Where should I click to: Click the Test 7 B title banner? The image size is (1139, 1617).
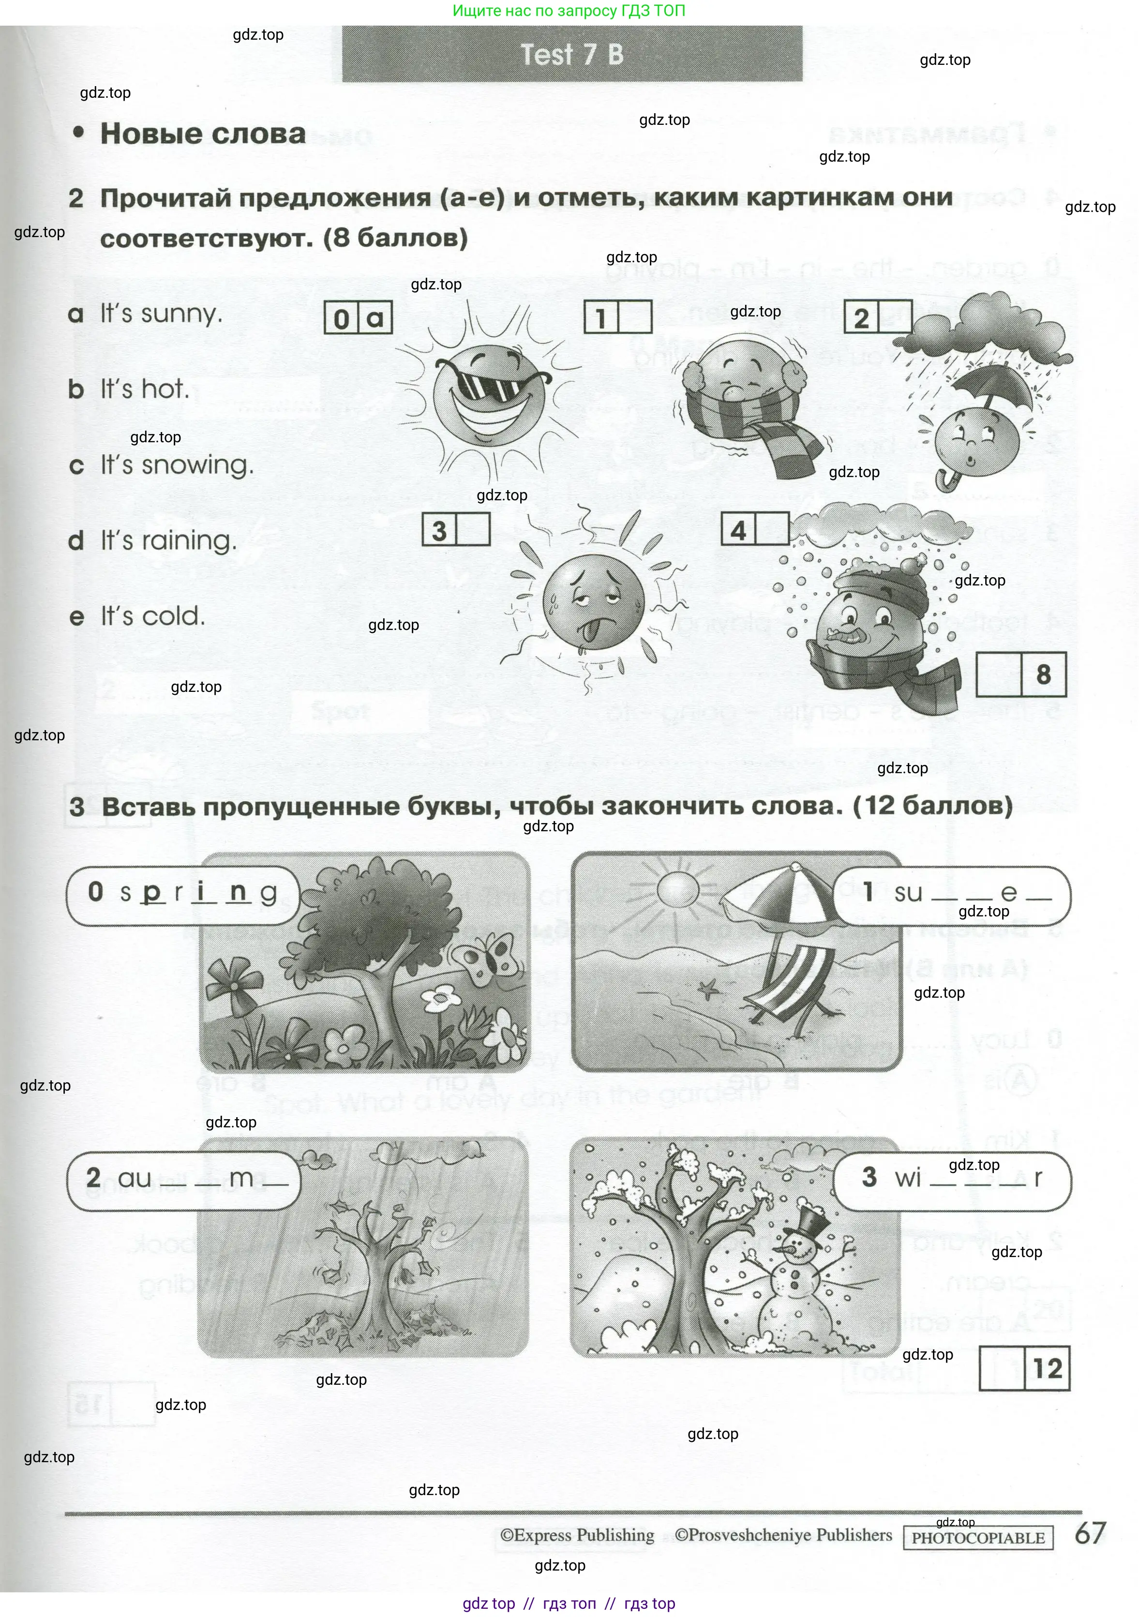tap(572, 54)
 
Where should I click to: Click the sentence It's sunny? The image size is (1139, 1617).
tap(161, 314)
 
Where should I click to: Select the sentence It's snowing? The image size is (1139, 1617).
tap(176, 465)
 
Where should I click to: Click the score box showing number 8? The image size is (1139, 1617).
tap(1043, 674)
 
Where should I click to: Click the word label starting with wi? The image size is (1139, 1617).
tap(951, 1178)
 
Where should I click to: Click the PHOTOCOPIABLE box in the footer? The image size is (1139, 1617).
tap(978, 1538)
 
